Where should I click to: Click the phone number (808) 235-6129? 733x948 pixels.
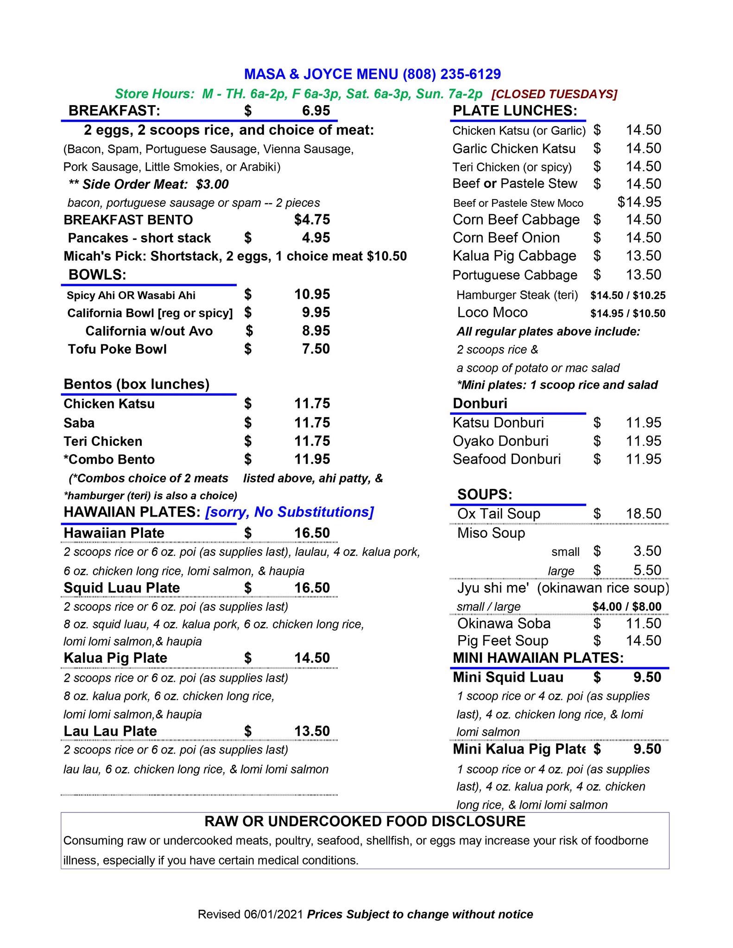coord(452,74)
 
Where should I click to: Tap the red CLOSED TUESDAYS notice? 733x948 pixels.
coord(554,94)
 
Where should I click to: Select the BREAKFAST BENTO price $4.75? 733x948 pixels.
coord(312,219)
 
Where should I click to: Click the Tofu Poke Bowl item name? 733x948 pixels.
coord(117,349)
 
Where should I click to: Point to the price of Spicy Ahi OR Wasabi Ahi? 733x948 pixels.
coord(312,294)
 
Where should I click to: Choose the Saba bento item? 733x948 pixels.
coord(79,423)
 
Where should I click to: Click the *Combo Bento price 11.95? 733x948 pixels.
coord(312,459)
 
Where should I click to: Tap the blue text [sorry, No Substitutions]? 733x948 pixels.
coord(289,512)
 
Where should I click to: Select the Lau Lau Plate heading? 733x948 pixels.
coord(110,731)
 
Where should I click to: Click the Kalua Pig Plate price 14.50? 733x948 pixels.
coord(312,658)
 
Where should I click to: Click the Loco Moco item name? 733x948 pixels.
coord(492,312)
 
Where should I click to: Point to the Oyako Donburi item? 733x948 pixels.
coord(500,441)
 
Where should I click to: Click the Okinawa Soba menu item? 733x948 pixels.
coord(504,623)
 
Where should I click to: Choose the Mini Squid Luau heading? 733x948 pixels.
coord(508,677)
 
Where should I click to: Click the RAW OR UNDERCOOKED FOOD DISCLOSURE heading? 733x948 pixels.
coord(365,821)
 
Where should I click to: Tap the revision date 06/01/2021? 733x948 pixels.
coord(274,914)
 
